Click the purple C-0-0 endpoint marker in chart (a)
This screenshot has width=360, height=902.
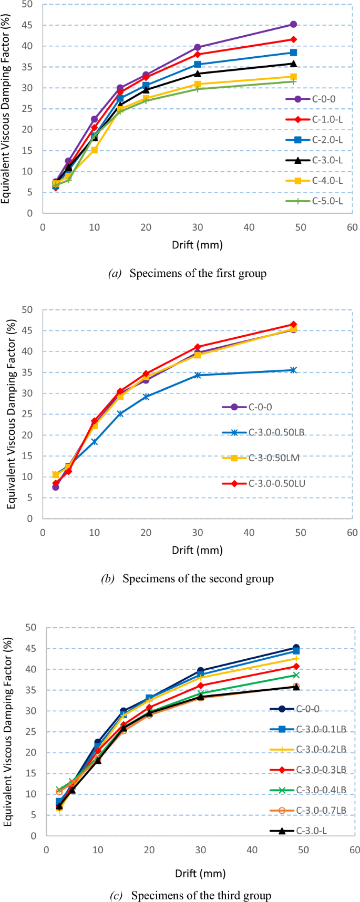click(293, 25)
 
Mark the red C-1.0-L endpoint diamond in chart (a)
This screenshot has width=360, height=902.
click(293, 39)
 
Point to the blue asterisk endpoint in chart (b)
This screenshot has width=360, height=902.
click(293, 370)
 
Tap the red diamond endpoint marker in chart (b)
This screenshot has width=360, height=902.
click(293, 325)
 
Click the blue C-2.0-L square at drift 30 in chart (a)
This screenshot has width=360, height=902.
click(198, 65)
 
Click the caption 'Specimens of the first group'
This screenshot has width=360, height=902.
click(198, 273)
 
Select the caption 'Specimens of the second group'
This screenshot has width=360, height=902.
click(198, 579)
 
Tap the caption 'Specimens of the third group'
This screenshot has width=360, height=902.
click(201, 895)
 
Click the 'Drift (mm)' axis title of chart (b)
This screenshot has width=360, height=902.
click(197, 551)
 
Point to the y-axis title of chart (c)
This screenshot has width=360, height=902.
click(8, 731)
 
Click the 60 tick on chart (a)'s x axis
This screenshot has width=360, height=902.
click(352, 227)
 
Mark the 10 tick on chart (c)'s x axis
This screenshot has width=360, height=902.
click(98, 851)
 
